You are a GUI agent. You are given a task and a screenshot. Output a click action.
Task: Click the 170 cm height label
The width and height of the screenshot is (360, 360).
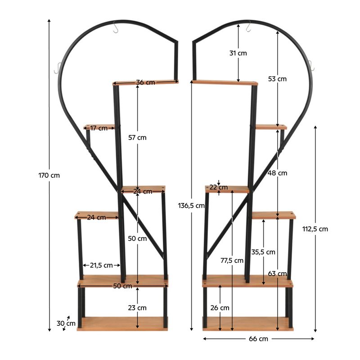(49, 175)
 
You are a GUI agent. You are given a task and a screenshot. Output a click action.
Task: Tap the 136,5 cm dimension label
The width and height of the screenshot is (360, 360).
(191, 206)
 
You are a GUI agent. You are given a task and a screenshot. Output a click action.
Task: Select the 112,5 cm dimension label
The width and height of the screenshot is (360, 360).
(315, 229)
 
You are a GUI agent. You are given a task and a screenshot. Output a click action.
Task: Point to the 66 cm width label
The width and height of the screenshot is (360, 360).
(258, 339)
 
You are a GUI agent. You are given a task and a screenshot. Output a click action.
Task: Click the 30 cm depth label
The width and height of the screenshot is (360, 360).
(66, 324)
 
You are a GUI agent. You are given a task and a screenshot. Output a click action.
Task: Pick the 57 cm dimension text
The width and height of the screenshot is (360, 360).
(137, 138)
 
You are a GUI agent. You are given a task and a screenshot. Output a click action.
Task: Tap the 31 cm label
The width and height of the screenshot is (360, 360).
(238, 53)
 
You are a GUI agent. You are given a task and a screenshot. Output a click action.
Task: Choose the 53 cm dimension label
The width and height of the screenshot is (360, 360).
(277, 79)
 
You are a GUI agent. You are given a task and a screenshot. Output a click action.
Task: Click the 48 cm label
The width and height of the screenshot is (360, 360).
(277, 173)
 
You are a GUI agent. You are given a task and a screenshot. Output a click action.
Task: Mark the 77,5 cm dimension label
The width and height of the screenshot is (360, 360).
(232, 261)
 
